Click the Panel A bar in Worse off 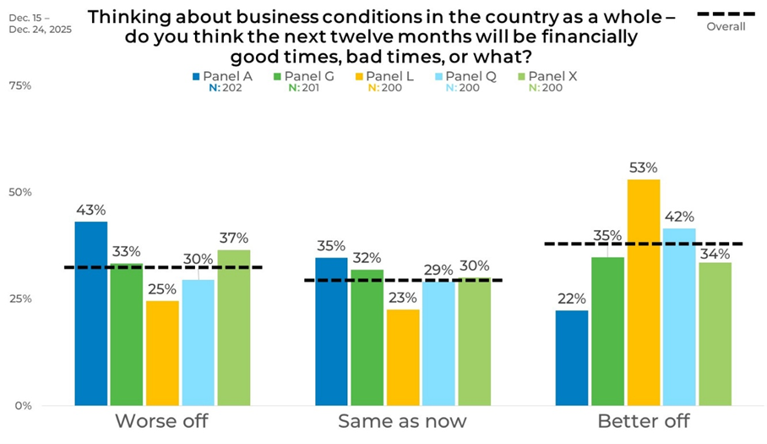91,313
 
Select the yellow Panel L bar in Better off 645,292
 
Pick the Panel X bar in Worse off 234,327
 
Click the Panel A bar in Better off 572,358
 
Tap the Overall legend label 726,26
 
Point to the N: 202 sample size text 226,87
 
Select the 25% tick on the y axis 20,299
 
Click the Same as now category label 401,421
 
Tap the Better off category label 643,421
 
